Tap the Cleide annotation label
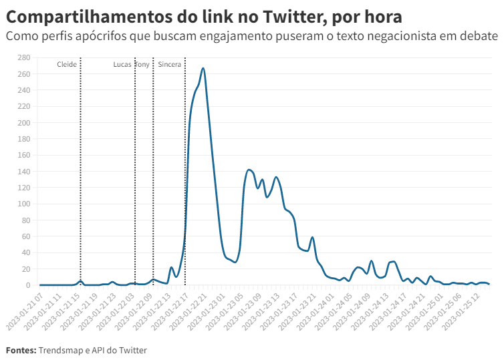pos(67,64)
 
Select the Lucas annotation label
pos(122,64)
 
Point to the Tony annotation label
pos(143,64)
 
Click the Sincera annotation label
pos(169,64)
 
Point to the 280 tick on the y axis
pos(25,57)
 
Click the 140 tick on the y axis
pos(25,172)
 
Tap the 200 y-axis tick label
pos(25,123)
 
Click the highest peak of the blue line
pos(203,68)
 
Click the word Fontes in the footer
pos(20,350)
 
